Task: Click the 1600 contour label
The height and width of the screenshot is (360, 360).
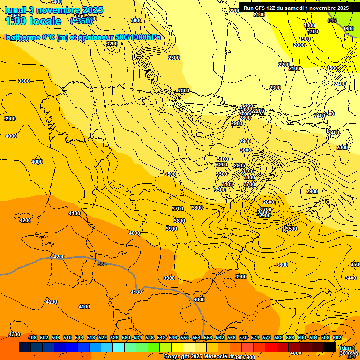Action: (348, 29)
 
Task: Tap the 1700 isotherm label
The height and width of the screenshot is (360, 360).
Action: (313, 32)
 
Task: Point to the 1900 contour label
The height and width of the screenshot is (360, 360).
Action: (305, 39)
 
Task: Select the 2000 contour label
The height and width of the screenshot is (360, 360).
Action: (299, 45)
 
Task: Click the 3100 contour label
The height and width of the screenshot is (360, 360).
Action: (222, 159)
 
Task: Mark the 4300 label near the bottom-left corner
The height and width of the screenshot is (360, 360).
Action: (15, 334)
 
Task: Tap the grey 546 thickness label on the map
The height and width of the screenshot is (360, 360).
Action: (332, 20)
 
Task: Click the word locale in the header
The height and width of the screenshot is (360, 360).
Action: (45, 21)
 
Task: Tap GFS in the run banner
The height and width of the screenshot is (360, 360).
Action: (263, 8)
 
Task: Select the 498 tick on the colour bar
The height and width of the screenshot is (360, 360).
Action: (32, 337)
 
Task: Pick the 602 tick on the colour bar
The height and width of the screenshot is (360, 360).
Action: (337, 337)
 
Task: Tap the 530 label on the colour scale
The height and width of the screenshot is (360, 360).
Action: (126, 337)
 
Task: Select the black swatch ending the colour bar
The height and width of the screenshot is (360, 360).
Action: (329, 347)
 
